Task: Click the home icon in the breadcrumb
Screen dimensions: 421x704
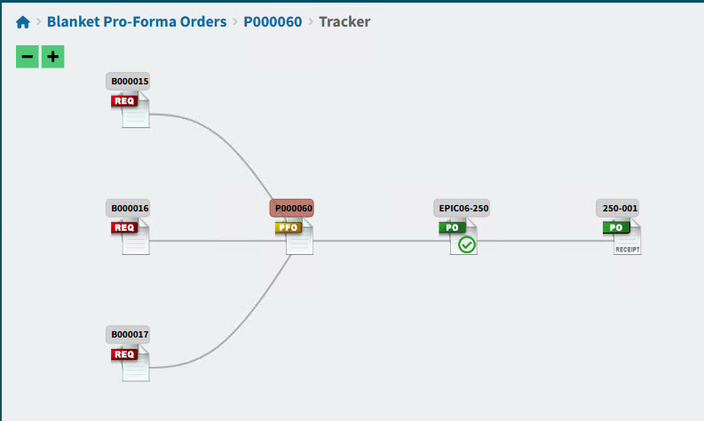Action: pyautogui.click(x=23, y=21)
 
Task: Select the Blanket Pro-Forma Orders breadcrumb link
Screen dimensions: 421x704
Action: pyautogui.click(x=136, y=21)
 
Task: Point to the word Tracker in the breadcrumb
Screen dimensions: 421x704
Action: pyautogui.click(x=344, y=21)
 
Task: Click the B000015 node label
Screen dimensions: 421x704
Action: pyautogui.click(x=130, y=82)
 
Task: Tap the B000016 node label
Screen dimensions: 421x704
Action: pyautogui.click(x=130, y=209)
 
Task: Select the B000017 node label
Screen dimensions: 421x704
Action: pyautogui.click(x=130, y=335)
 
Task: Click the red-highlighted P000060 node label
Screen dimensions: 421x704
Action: pyautogui.click(x=293, y=209)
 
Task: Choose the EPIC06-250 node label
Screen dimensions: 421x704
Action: pyautogui.click(x=463, y=209)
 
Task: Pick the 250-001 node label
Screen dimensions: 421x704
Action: pyautogui.click(x=621, y=209)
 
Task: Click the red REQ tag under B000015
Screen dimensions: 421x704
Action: pyautogui.click(x=124, y=101)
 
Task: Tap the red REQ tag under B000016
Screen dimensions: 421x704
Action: pyautogui.click(x=124, y=227)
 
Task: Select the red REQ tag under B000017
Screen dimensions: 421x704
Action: pyautogui.click(x=124, y=354)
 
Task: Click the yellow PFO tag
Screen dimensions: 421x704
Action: pyautogui.click(x=289, y=227)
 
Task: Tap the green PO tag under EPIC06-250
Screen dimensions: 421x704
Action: pyautogui.click(x=452, y=227)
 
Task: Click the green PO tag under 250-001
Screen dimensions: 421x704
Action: pyautogui.click(x=615, y=227)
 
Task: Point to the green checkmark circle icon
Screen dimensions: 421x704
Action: pyautogui.click(x=467, y=245)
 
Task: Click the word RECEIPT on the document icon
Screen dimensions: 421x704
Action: pyautogui.click(x=628, y=250)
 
